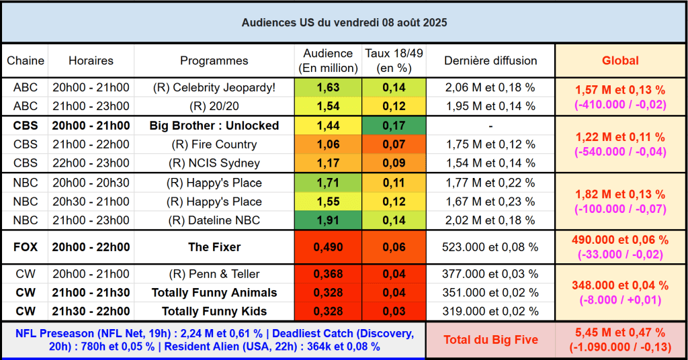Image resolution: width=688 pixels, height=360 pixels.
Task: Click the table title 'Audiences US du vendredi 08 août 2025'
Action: tap(344, 22)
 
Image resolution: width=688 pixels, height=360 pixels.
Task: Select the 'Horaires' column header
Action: tap(91, 60)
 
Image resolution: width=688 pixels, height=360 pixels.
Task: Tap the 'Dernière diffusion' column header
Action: tap(490, 60)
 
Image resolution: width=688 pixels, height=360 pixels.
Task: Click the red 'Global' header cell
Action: tap(620, 60)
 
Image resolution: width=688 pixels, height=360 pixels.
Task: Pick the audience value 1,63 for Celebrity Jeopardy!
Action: tap(328, 87)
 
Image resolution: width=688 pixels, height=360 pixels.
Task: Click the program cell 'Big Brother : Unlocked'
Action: tap(214, 126)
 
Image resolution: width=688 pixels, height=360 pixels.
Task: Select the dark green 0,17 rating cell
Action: tap(394, 126)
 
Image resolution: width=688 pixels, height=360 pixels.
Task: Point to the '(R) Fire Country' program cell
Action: tap(214, 144)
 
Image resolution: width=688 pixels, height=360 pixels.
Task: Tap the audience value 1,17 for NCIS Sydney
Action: tap(328, 163)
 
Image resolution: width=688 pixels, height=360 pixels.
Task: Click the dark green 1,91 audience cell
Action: tap(328, 220)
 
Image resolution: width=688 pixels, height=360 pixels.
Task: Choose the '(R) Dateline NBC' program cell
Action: tap(214, 220)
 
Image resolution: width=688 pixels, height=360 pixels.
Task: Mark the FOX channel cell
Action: tap(26, 247)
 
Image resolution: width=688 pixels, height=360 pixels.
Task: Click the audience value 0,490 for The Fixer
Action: tap(328, 247)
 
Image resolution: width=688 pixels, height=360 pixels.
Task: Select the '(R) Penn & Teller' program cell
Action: tap(214, 274)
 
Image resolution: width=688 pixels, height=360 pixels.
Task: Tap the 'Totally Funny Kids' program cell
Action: tap(214, 311)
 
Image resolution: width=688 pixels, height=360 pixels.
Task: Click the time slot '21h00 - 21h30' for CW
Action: tap(91, 293)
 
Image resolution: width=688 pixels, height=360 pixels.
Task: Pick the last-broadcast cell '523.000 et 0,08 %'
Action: tap(490, 247)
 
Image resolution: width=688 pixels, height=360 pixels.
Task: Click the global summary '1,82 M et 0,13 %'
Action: tap(620, 194)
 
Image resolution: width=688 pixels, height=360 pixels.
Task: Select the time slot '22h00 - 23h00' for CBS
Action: tap(91, 163)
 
